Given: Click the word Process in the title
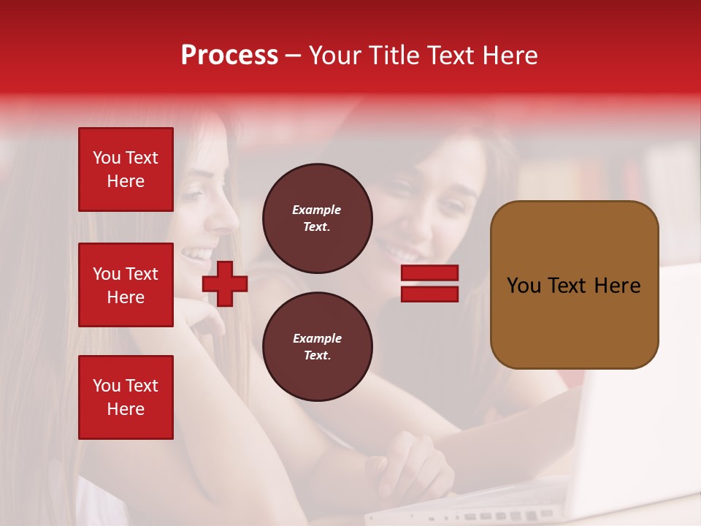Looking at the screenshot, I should [x=229, y=56].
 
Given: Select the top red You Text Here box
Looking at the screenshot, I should [x=126, y=169].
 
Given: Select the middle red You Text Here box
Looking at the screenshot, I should [x=126, y=285].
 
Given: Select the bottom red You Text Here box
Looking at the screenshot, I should [x=126, y=397].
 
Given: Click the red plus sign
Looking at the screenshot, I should [x=225, y=283].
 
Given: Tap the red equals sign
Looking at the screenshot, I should [x=429, y=283].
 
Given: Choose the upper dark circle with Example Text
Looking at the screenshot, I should [x=317, y=218].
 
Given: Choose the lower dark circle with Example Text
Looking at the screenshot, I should [x=317, y=346].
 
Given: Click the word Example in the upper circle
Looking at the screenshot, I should [x=317, y=210].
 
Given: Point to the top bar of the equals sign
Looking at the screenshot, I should [x=429, y=273].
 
